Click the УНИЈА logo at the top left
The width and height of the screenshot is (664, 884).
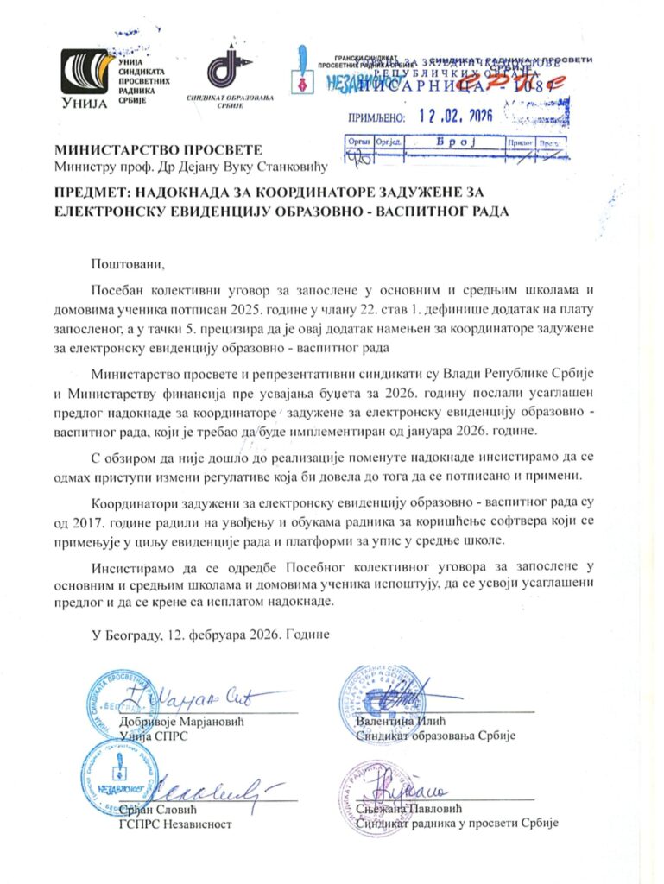[84, 80]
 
